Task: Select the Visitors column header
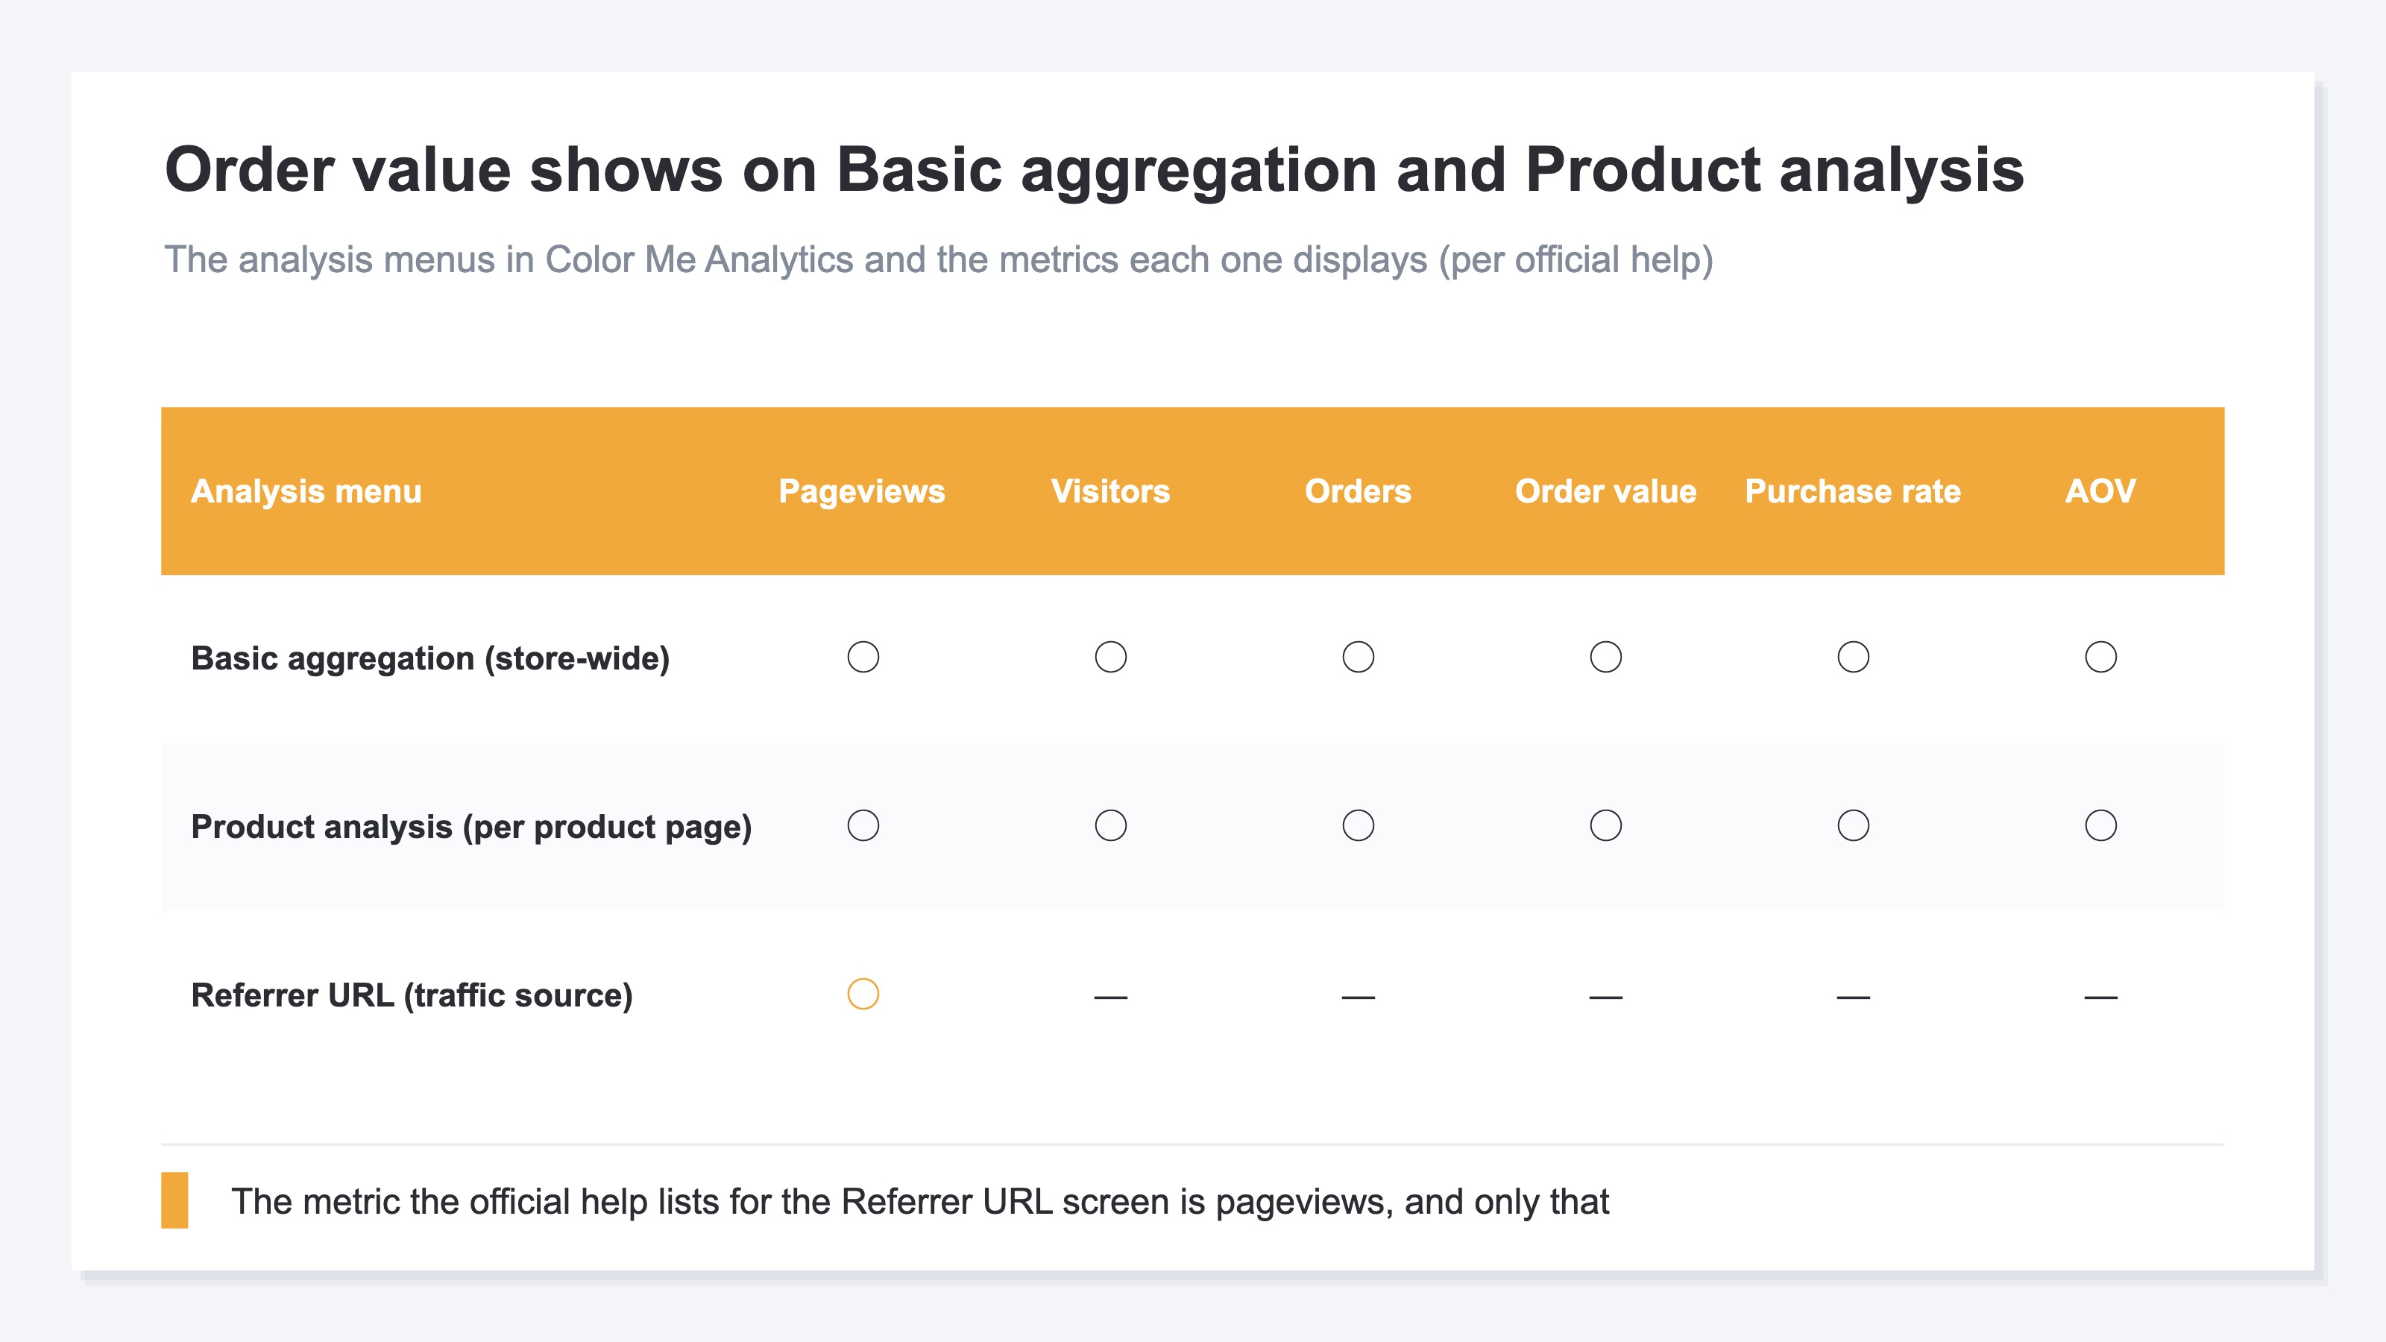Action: (x=1110, y=491)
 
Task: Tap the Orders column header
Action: (x=1358, y=491)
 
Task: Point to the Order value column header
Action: (x=1605, y=491)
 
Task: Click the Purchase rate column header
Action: (x=1852, y=491)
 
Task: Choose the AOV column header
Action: (x=2100, y=491)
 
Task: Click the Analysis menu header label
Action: (x=306, y=491)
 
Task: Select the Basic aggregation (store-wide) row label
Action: (x=429, y=658)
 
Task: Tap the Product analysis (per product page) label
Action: (x=470, y=827)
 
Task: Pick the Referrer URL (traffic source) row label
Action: (x=412, y=995)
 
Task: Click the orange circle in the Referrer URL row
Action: (x=863, y=979)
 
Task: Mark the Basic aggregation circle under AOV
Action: (x=2100, y=642)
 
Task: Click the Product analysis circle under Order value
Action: (x=1605, y=810)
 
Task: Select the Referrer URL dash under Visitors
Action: (x=1110, y=998)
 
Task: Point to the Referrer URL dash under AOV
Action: (x=2100, y=998)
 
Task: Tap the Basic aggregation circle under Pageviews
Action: (x=863, y=642)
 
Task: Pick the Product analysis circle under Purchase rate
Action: (x=1852, y=810)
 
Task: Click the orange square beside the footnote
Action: (x=175, y=1200)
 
